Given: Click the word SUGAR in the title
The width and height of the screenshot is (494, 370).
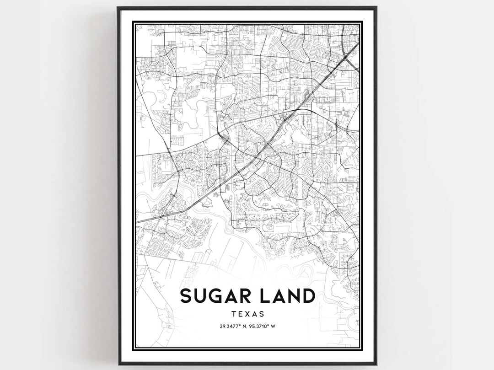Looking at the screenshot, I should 215,296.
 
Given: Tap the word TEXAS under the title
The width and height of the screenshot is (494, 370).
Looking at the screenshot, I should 247,314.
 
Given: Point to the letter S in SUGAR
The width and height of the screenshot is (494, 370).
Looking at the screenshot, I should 187,296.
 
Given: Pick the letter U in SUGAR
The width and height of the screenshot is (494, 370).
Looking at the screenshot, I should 201,296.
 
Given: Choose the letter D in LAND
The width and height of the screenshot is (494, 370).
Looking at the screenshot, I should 308,296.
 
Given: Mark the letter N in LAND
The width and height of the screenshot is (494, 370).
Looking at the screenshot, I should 293,296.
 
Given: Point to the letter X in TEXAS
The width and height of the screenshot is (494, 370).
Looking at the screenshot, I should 247,314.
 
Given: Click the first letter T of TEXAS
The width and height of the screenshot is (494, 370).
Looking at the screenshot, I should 234,314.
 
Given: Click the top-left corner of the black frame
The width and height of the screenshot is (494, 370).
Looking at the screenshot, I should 118,7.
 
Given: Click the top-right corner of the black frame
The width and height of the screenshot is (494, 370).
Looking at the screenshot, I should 376,7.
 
